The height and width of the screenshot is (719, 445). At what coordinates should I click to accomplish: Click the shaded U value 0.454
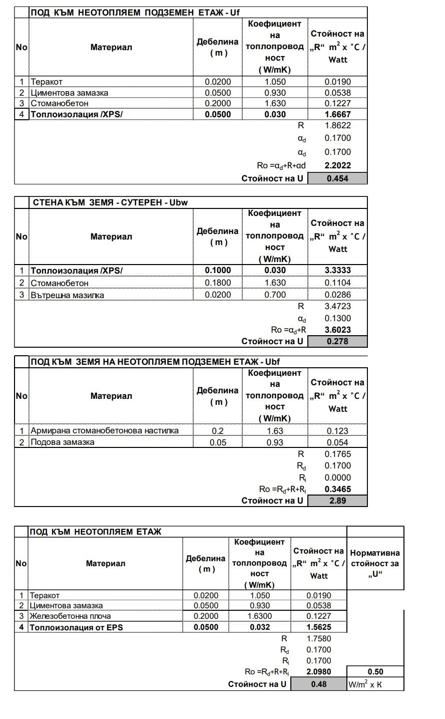(337, 178)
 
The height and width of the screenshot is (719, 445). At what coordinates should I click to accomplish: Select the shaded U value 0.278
(337, 341)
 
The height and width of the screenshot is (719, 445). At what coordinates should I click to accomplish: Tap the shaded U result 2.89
(337, 501)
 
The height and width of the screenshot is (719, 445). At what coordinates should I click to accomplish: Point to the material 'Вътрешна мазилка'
(68, 295)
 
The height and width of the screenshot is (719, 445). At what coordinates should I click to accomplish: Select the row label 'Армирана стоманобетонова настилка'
(105, 430)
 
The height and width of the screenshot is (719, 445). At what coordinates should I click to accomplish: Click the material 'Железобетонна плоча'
(71, 616)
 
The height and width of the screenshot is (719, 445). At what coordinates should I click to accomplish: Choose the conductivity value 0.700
(275, 295)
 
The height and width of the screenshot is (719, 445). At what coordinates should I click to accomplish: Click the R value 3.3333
(337, 271)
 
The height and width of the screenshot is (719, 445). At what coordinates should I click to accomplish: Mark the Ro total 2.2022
(337, 165)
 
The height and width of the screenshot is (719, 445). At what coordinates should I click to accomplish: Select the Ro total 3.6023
(337, 330)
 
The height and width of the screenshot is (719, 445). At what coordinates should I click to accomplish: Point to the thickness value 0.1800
(218, 283)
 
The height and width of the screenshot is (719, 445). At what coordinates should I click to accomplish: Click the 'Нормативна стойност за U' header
(375, 564)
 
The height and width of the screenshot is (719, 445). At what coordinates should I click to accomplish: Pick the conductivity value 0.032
(259, 627)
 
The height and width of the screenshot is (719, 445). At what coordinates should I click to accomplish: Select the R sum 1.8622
(337, 126)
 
